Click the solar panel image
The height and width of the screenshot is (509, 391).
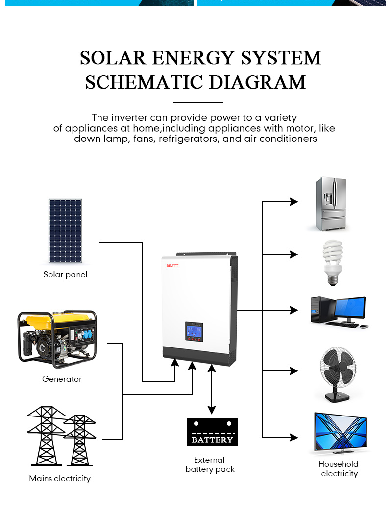[x=65, y=231]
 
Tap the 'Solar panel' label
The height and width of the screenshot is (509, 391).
[x=65, y=275]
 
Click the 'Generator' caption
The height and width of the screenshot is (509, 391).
[x=62, y=379]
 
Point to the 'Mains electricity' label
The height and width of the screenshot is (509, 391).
[x=60, y=479]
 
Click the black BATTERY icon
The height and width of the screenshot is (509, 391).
[x=213, y=432]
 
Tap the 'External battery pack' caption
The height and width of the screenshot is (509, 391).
[x=210, y=464]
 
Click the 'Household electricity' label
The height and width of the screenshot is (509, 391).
[x=339, y=469]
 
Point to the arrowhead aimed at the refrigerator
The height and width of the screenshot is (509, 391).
[x=293, y=202]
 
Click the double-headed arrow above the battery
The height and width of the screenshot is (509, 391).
[x=212, y=389]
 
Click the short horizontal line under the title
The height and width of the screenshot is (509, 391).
[x=198, y=103]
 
